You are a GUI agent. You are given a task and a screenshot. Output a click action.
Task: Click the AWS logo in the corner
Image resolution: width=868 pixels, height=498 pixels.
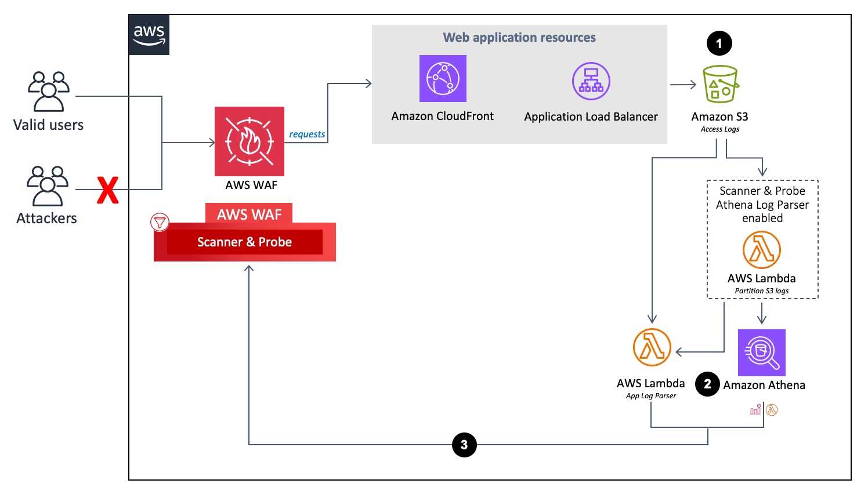(x=149, y=35)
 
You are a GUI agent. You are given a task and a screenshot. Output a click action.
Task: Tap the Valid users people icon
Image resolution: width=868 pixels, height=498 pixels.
(x=49, y=91)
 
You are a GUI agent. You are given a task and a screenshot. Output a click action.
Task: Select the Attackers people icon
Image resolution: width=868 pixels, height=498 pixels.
(x=48, y=186)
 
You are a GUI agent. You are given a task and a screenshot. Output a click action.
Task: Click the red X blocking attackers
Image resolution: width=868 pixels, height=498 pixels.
(x=108, y=190)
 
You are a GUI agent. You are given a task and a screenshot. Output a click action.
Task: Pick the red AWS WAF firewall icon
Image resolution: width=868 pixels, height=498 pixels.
(x=249, y=141)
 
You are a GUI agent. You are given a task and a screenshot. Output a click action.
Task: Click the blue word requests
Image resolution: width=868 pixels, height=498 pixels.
(x=307, y=134)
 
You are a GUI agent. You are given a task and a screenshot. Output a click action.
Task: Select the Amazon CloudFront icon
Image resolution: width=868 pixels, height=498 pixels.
(x=443, y=79)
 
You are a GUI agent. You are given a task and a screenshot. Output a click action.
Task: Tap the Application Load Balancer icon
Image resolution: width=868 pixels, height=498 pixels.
(x=591, y=81)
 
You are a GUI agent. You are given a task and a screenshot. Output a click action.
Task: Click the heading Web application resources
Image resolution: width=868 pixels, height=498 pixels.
(x=519, y=38)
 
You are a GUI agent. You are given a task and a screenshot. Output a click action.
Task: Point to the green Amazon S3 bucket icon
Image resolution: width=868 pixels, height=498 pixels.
(x=720, y=84)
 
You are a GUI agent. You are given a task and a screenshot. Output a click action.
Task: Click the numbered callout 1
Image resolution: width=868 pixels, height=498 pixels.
(x=719, y=43)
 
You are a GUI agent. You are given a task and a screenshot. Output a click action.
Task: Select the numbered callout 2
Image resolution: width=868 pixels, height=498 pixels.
(x=707, y=384)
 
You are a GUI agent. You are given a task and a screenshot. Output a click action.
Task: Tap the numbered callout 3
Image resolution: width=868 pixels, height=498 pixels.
(x=464, y=445)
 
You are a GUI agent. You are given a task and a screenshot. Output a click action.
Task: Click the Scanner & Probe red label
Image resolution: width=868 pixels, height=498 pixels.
(x=244, y=242)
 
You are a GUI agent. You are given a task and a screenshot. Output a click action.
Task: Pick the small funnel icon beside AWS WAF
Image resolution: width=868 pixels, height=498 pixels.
(x=160, y=222)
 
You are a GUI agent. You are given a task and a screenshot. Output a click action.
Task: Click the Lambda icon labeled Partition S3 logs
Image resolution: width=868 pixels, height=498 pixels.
(x=762, y=250)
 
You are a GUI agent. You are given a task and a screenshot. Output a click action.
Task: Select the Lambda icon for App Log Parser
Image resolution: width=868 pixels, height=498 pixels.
(x=652, y=347)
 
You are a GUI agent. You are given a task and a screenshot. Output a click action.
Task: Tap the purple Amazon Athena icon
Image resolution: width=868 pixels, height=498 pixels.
(x=761, y=352)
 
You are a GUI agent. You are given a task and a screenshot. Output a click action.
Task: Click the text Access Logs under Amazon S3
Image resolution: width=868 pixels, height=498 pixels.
(x=720, y=129)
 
